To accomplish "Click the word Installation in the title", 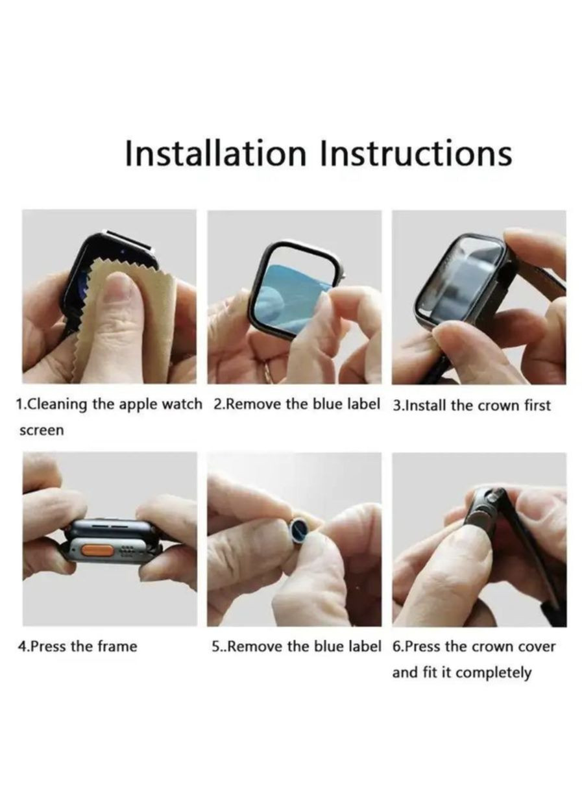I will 215,154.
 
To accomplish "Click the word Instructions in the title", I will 416,154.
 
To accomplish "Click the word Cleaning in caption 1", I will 55,405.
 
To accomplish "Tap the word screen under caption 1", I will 42,430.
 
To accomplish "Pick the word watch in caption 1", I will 182,404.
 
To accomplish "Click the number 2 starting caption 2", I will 218,404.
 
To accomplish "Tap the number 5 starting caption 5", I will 216,646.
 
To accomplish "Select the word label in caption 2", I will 363,404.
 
